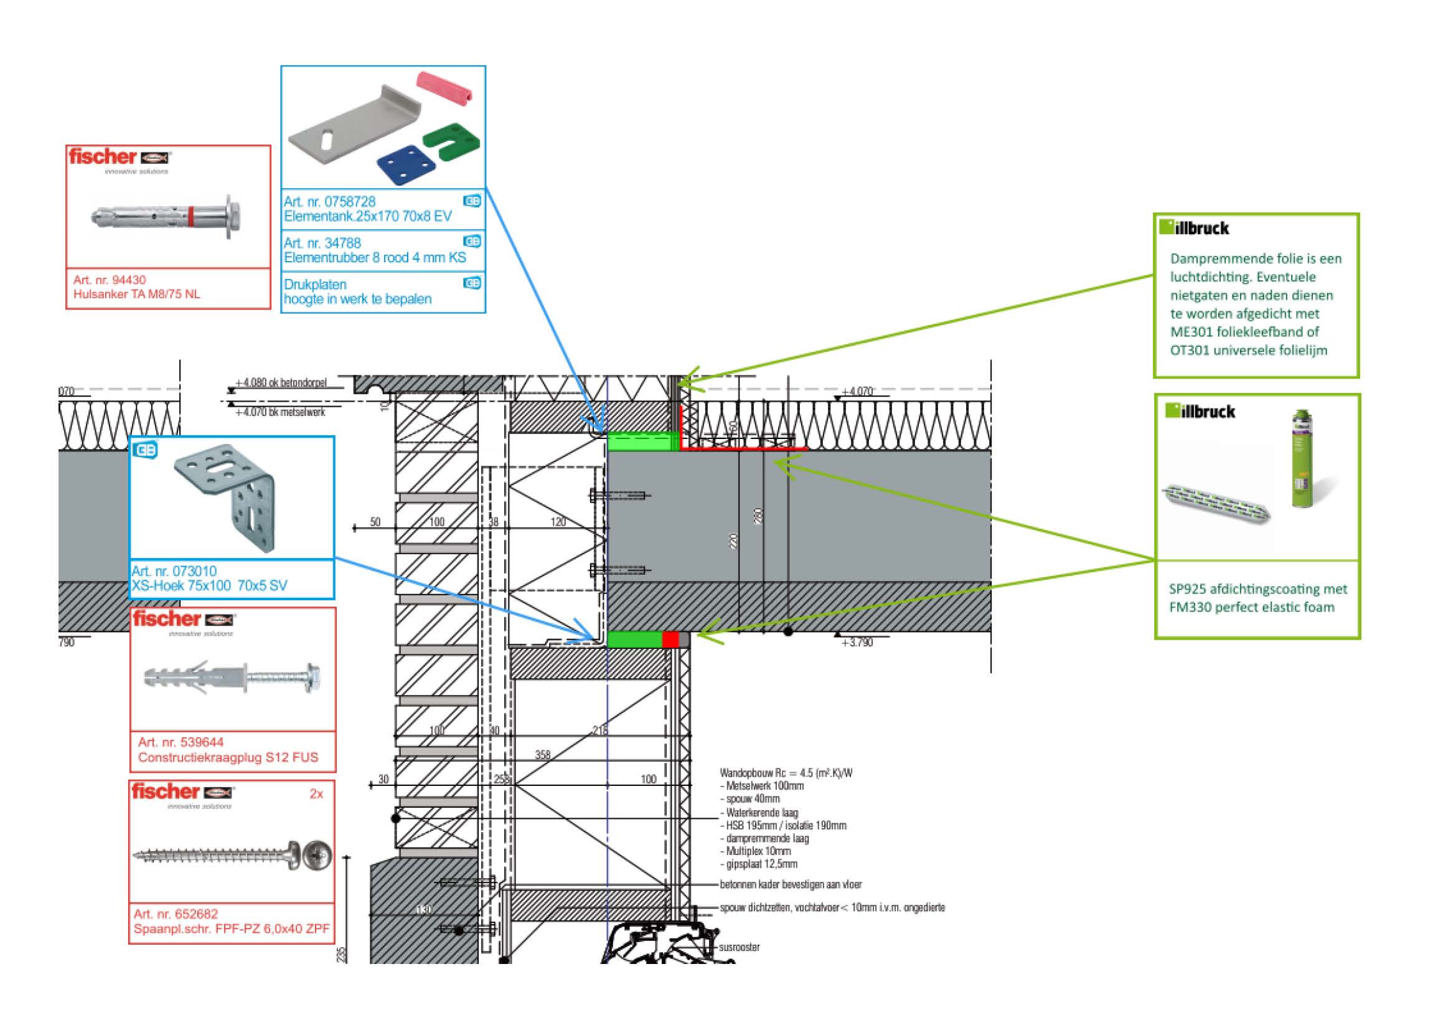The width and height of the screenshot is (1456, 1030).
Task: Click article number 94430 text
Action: point(109,280)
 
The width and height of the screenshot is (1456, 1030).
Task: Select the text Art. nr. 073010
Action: point(174,571)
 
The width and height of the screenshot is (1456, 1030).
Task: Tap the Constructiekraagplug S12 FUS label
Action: point(228,757)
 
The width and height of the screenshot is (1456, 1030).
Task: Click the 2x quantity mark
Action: point(316,793)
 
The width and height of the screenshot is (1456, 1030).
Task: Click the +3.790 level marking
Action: point(857,643)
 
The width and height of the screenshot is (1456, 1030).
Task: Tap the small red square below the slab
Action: point(670,640)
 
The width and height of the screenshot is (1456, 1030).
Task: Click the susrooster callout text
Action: point(739,947)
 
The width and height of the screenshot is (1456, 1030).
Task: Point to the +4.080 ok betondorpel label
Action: point(280,382)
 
